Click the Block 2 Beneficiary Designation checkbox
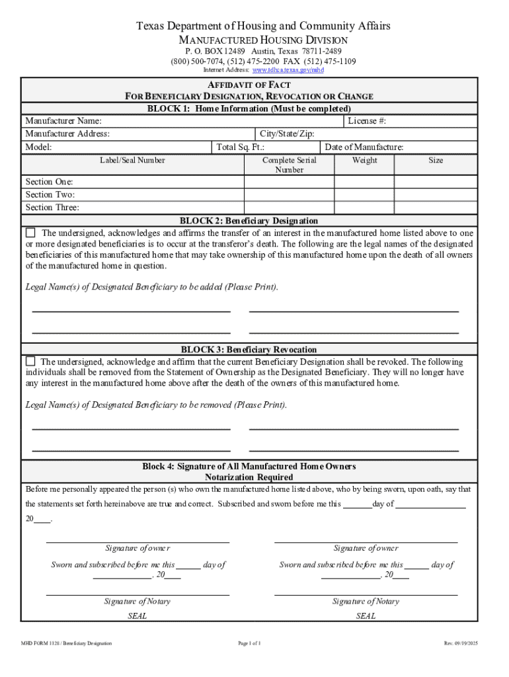click(30, 233)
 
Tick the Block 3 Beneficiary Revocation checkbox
click(30, 362)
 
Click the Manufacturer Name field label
click(63, 121)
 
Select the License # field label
click(367, 121)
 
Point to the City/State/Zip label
click(287, 134)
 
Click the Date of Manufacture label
click(364, 147)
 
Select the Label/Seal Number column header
click(132, 160)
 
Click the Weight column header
click(365, 160)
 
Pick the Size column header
click(436, 160)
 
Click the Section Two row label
click(50, 194)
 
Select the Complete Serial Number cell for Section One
click(289, 182)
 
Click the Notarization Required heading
click(249, 477)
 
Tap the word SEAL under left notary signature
click(137, 616)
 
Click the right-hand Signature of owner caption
click(366, 548)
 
